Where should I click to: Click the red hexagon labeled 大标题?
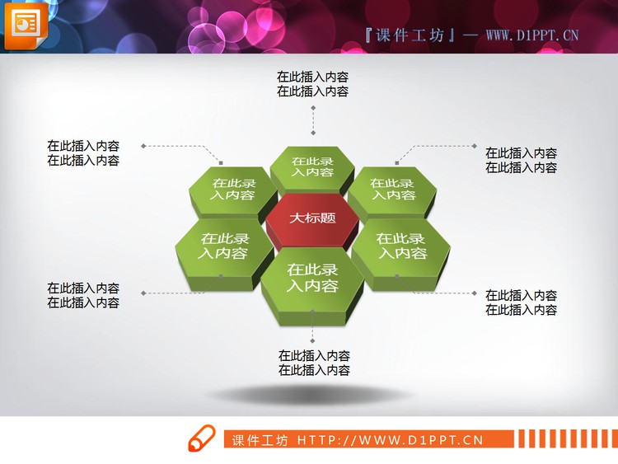[x=312, y=219]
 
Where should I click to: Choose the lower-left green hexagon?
[x=223, y=246]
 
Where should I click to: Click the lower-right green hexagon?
[x=401, y=246]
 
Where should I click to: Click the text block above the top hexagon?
[x=312, y=84]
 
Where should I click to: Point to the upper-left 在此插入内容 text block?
[x=83, y=153]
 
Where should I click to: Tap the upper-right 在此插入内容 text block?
[x=521, y=160]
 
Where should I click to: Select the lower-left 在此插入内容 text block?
[x=83, y=295]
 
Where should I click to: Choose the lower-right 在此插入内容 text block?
[x=521, y=302]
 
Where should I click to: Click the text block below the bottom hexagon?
[x=314, y=363]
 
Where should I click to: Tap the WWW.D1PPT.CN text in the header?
[x=531, y=35]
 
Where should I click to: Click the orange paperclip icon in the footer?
[x=200, y=439]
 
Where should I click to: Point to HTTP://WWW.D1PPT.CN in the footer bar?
[x=390, y=439]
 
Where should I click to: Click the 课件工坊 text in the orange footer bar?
[x=260, y=439]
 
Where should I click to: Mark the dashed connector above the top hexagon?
[x=313, y=120]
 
